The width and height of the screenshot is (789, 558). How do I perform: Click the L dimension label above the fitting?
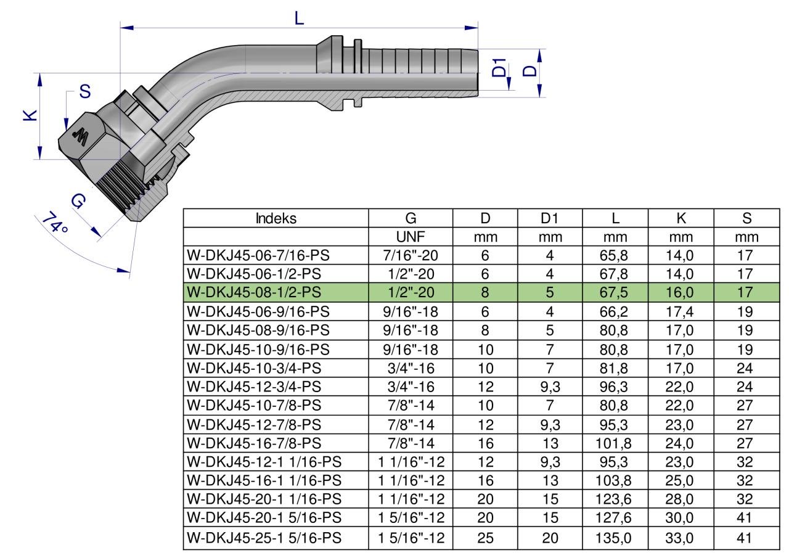[299, 18]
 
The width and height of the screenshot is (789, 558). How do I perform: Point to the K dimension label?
[30, 115]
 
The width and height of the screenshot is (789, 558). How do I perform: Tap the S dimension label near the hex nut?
[85, 92]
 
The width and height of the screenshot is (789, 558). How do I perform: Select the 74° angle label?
[55, 223]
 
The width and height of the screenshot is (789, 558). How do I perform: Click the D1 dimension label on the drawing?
[499, 68]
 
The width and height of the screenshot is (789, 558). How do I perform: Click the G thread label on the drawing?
[78, 201]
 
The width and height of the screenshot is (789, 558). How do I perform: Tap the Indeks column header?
[276, 218]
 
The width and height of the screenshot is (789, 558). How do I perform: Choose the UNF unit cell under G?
[411, 237]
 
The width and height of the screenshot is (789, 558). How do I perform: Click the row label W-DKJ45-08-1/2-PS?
[254, 292]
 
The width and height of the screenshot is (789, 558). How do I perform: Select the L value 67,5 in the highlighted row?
[613, 292]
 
